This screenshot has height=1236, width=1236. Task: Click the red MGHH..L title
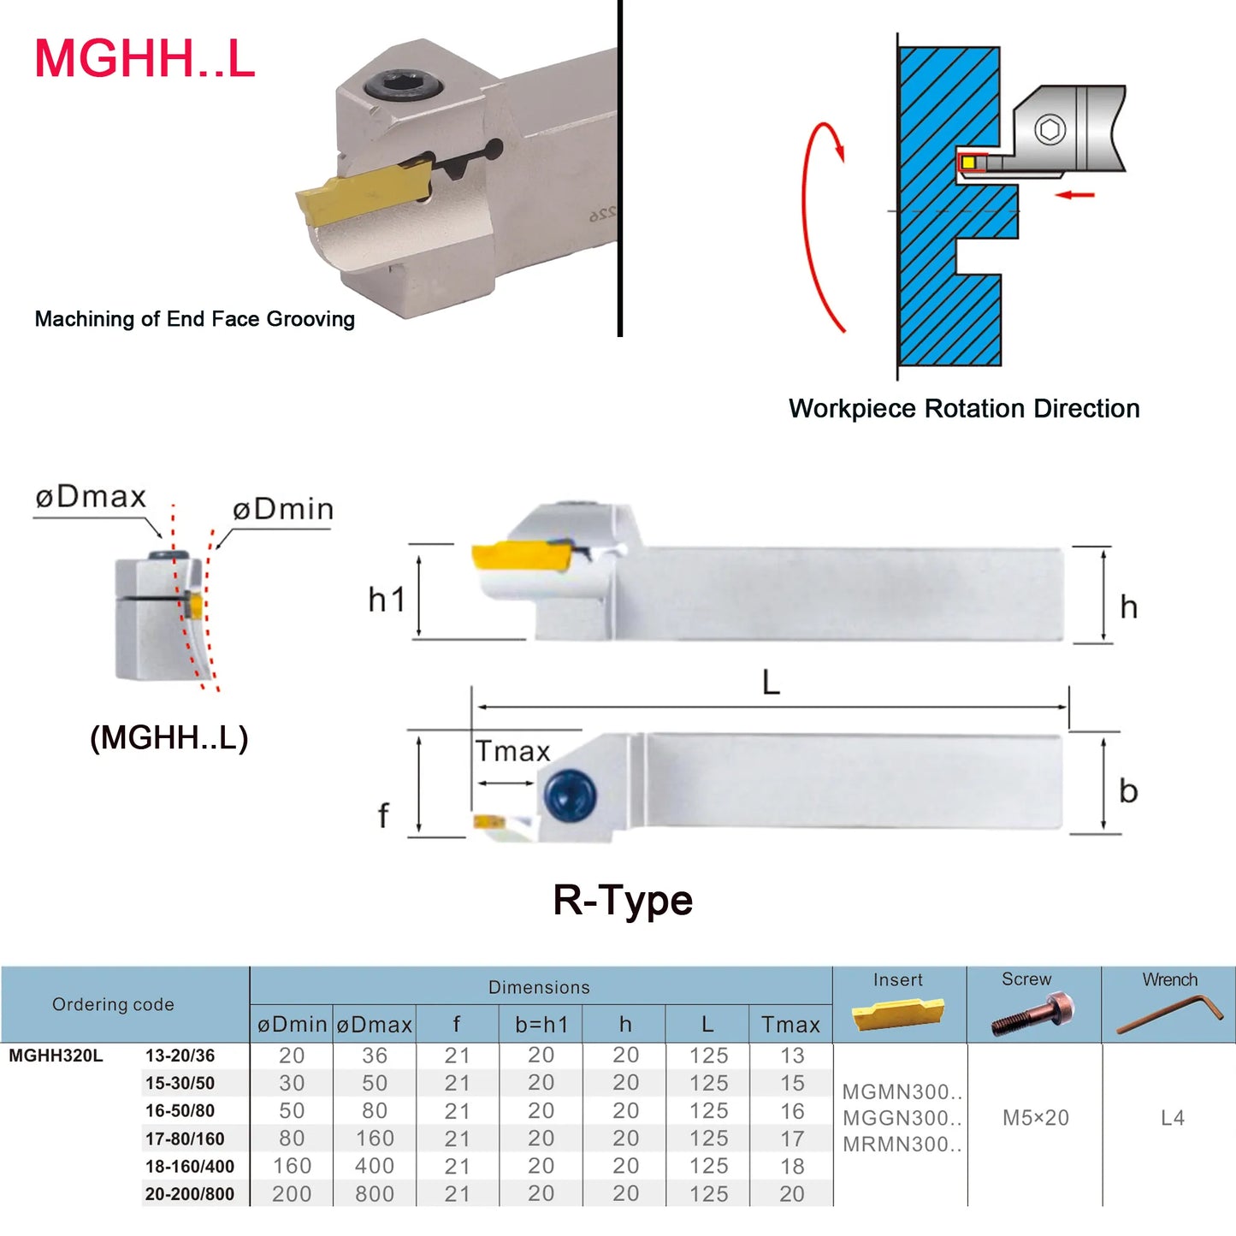point(145,59)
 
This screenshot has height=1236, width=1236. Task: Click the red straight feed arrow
point(1074,195)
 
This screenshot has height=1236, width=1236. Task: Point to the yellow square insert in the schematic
point(968,163)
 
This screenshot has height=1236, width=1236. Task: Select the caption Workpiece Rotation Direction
point(964,409)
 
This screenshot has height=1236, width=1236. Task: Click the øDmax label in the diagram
point(91,497)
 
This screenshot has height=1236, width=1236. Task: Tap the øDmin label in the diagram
point(283,510)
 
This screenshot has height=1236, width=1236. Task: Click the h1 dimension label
point(387,600)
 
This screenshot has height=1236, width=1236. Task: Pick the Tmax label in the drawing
point(512,751)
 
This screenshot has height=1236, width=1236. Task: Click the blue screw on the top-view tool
point(570,795)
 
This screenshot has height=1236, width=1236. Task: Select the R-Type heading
point(623,901)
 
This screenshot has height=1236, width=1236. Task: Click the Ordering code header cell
point(113,1004)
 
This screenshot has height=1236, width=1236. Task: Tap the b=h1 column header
point(541,1025)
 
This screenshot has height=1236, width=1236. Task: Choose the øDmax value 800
point(375,1194)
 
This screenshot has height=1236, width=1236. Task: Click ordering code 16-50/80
point(180,1111)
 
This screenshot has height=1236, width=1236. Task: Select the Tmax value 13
point(792,1056)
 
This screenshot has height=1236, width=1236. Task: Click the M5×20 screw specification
point(1035,1118)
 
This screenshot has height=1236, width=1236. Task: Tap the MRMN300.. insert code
point(902,1144)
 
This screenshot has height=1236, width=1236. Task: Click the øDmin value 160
point(292,1167)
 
